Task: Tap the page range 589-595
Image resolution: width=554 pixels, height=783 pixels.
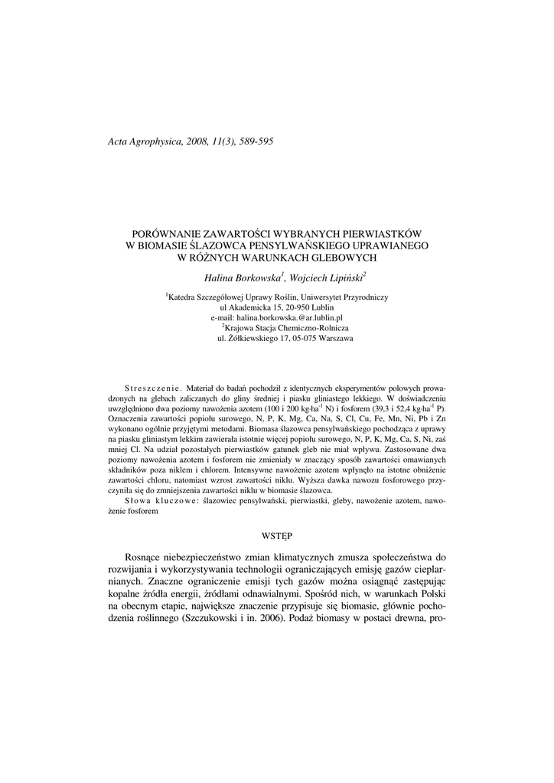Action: (254, 141)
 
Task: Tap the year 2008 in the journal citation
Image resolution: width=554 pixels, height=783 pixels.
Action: (197, 141)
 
